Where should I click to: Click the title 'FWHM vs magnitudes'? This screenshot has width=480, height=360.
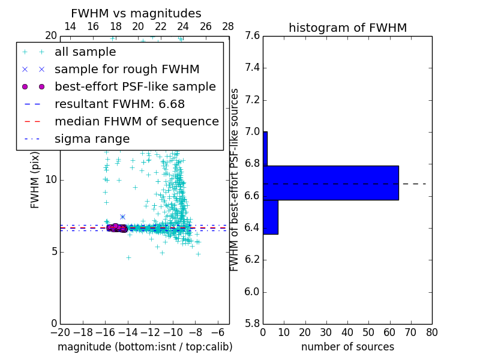pyautogui.click(x=136, y=13)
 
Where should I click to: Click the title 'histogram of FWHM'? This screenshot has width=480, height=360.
pyautogui.click(x=347, y=28)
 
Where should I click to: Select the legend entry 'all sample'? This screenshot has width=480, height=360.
pyautogui.click(x=85, y=52)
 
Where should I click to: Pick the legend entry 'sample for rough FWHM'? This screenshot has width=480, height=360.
pyautogui.click(x=127, y=69)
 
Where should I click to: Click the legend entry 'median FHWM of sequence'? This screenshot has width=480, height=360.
pyautogui.click(x=136, y=121)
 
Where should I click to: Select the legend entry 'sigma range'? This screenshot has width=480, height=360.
pyautogui.click(x=92, y=139)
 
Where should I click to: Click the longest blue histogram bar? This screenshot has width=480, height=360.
pyautogui.click(x=331, y=182)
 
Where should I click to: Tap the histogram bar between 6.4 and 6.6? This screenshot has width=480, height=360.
pyautogui.click(x=270, y=217)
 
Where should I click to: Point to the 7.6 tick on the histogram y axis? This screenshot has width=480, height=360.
pyautogui.click(x=252, y=36)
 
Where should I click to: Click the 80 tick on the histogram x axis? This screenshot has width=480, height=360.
pyautogui.click(x=432, y=332)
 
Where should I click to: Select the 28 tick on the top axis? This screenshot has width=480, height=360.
pyautogui.click(x=228, y=26)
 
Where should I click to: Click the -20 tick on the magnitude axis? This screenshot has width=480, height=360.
pyautogui.click(x=60, y=332)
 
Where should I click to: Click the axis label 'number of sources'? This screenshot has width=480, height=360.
pyautogui.click(x=347, y=347)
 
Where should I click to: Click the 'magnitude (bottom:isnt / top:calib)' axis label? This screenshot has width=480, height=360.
pyautogui.click(x=145, y=347)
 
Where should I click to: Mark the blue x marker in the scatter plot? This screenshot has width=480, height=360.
pyautogui.click(x=122, y=217)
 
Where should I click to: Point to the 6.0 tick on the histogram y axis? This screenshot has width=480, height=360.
pyautogui.click(x=252, y=292)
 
